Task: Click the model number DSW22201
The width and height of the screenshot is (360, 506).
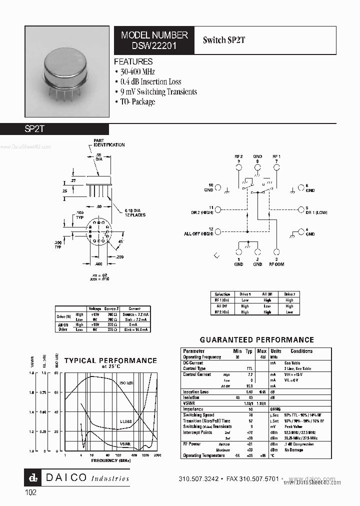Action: [154, 45]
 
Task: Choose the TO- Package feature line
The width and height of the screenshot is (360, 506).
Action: [137, 101]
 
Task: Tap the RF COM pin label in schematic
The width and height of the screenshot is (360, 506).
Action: [276, 264]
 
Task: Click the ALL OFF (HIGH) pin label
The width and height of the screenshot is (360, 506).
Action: [198, 233]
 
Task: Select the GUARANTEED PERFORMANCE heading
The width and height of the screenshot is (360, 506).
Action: [256, 340]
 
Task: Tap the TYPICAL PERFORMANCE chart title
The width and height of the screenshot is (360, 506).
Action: [110, 360]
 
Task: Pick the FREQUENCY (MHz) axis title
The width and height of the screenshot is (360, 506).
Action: [110, 460]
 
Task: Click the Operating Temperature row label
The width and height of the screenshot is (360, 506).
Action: [202, 455]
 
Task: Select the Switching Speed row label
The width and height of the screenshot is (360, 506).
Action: [198, 415]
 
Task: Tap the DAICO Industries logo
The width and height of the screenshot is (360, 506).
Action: [77, 478]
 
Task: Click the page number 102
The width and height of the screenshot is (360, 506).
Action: [30, 492]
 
